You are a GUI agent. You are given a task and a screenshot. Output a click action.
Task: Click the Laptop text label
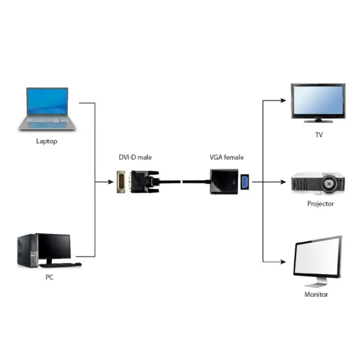click(x=47, y=141)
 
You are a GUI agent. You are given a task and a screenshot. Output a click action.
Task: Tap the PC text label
click(x=49, y=277)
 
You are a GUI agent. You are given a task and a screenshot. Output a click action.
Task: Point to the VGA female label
click(x=227, y=157)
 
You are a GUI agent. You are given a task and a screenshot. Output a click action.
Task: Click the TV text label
click(x=319, y=136)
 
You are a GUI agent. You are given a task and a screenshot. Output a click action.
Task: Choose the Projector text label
click(x=320, y=204)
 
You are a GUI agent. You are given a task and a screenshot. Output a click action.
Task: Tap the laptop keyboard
click(x=47, y=120)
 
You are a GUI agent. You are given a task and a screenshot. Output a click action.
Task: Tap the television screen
click(x=317, y=101)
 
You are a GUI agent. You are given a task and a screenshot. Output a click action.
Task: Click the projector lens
click(x=337, y=183)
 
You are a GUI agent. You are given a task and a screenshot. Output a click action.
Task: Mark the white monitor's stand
click(x=319, y=280)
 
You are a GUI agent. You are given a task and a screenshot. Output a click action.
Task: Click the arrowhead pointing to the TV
click(x=286, y=101)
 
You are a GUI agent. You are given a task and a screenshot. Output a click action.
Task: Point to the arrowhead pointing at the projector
click(x=286, y=182)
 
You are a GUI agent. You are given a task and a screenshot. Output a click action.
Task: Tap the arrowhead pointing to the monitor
click(x=286, y=261)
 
